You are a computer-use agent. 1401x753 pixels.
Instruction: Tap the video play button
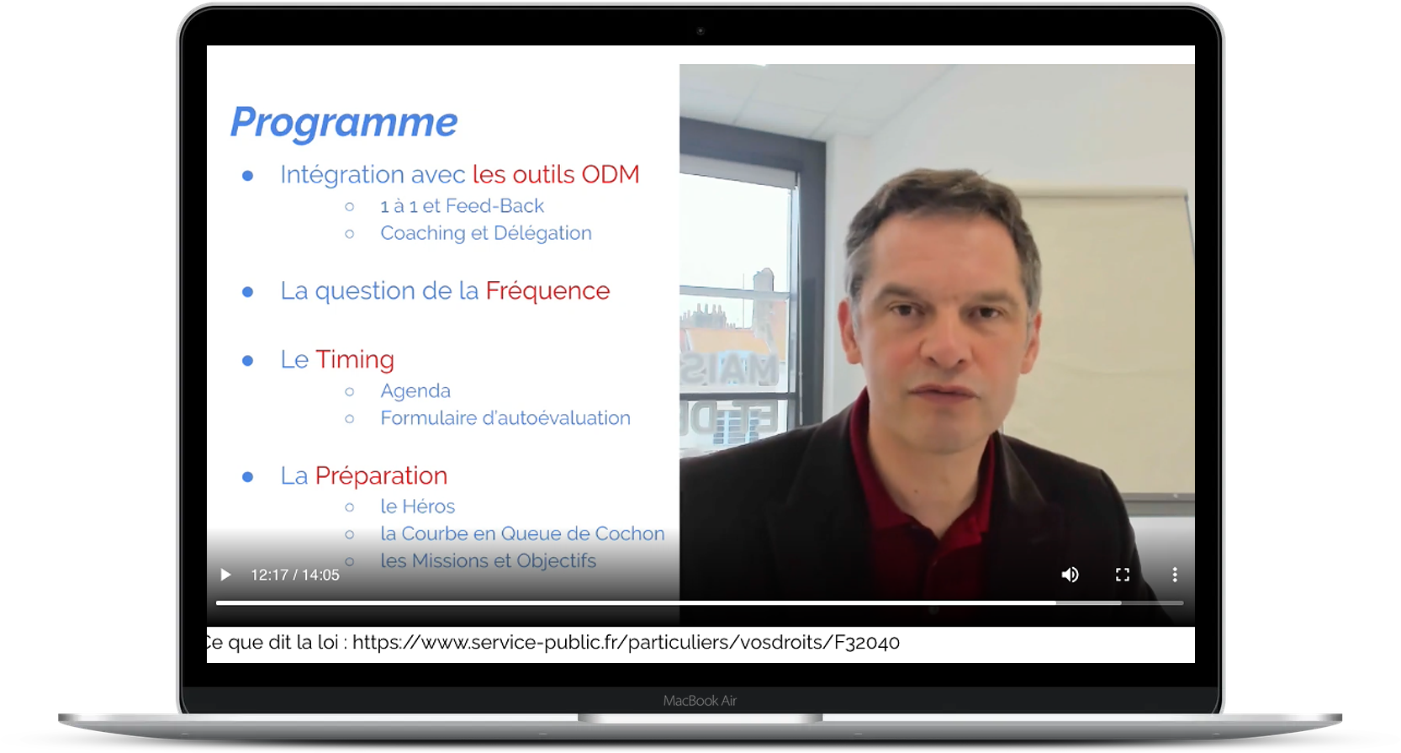click(225, 575)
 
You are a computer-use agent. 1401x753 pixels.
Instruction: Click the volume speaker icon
click(1071, 575)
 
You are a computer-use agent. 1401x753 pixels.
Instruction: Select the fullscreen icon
click(1123, 575)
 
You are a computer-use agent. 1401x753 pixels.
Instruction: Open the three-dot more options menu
click(1175, 575)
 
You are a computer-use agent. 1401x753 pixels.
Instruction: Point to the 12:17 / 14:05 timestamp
click(295, 575)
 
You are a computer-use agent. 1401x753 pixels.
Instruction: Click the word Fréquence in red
click(547, 291)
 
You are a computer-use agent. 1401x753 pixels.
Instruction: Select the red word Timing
click(355, 360)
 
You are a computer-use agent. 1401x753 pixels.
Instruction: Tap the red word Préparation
click(382, 475)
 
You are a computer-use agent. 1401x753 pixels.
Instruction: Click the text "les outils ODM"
click(556, 175)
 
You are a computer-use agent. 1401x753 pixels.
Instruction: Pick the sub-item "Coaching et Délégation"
click(486, 234)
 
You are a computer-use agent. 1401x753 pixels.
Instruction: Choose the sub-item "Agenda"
click(415, 391)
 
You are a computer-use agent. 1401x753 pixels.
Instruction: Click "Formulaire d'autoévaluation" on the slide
click(505, 418)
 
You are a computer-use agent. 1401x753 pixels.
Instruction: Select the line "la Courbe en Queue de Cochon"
click(522, 533)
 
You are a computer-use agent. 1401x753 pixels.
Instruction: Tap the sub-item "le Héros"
click(418, 506)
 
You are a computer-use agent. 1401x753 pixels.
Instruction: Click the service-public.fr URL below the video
click(626, 642)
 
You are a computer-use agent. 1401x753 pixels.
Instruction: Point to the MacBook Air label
click(700, 701)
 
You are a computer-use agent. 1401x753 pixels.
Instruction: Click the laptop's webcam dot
click(700, 30)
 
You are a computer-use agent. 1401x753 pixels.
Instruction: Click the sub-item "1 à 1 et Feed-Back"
click(463, 206)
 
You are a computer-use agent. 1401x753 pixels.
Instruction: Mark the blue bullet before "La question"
click(248, 292)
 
